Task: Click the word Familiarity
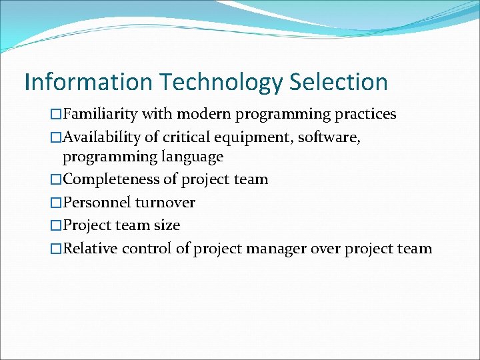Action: pos(100,114)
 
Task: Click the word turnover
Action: pos(165,202)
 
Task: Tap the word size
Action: pos(167,225)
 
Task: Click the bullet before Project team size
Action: pos(56,225)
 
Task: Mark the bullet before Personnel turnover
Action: pos(56,202)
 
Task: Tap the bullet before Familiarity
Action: pos(56,114)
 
